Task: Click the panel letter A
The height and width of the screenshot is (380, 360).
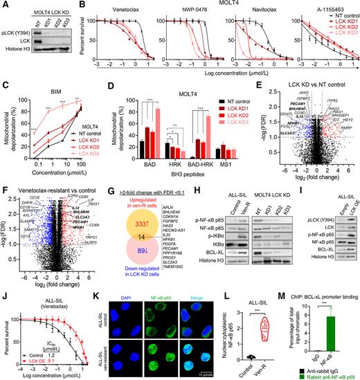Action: tap(5, 6)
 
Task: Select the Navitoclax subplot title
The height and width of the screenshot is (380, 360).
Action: tap(237, 12)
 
